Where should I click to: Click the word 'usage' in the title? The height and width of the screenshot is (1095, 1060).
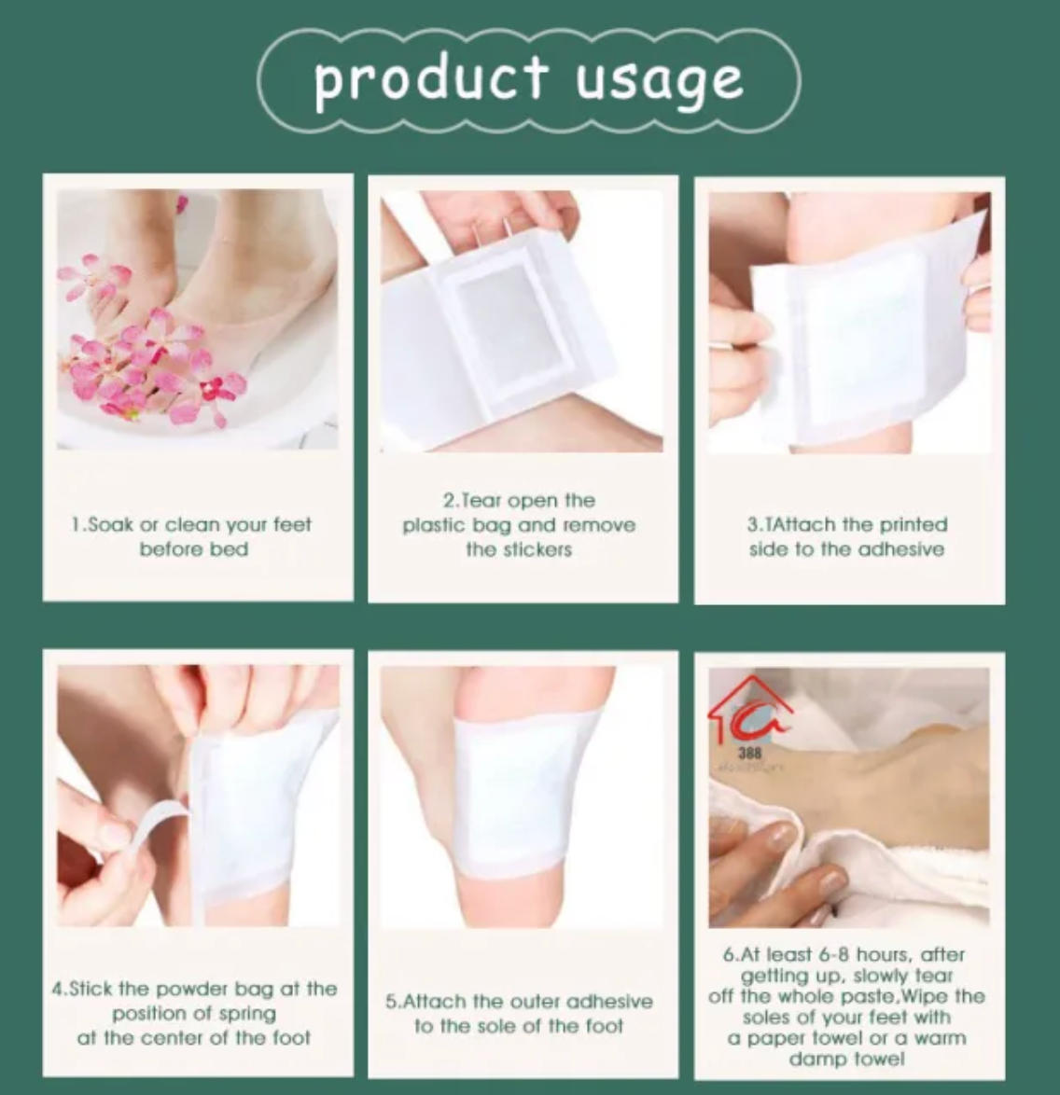coord(659,80)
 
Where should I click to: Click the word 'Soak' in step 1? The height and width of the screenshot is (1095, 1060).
coord(111,525)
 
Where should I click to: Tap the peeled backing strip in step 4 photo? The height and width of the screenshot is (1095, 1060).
coord(154,835)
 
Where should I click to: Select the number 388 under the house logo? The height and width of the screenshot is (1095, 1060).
coord(749,752)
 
